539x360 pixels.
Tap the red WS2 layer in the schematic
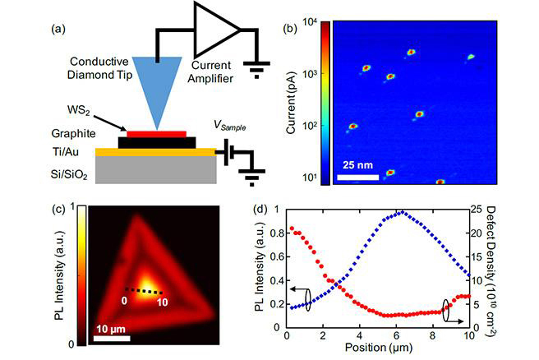click(x=156, y=132)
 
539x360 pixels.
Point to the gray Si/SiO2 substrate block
click(x=155, y=168)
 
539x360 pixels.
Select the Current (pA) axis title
click(x=291, y=100)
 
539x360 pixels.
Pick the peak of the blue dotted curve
click(x=400, y=212)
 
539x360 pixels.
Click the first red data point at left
click(x=291, y=228)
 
